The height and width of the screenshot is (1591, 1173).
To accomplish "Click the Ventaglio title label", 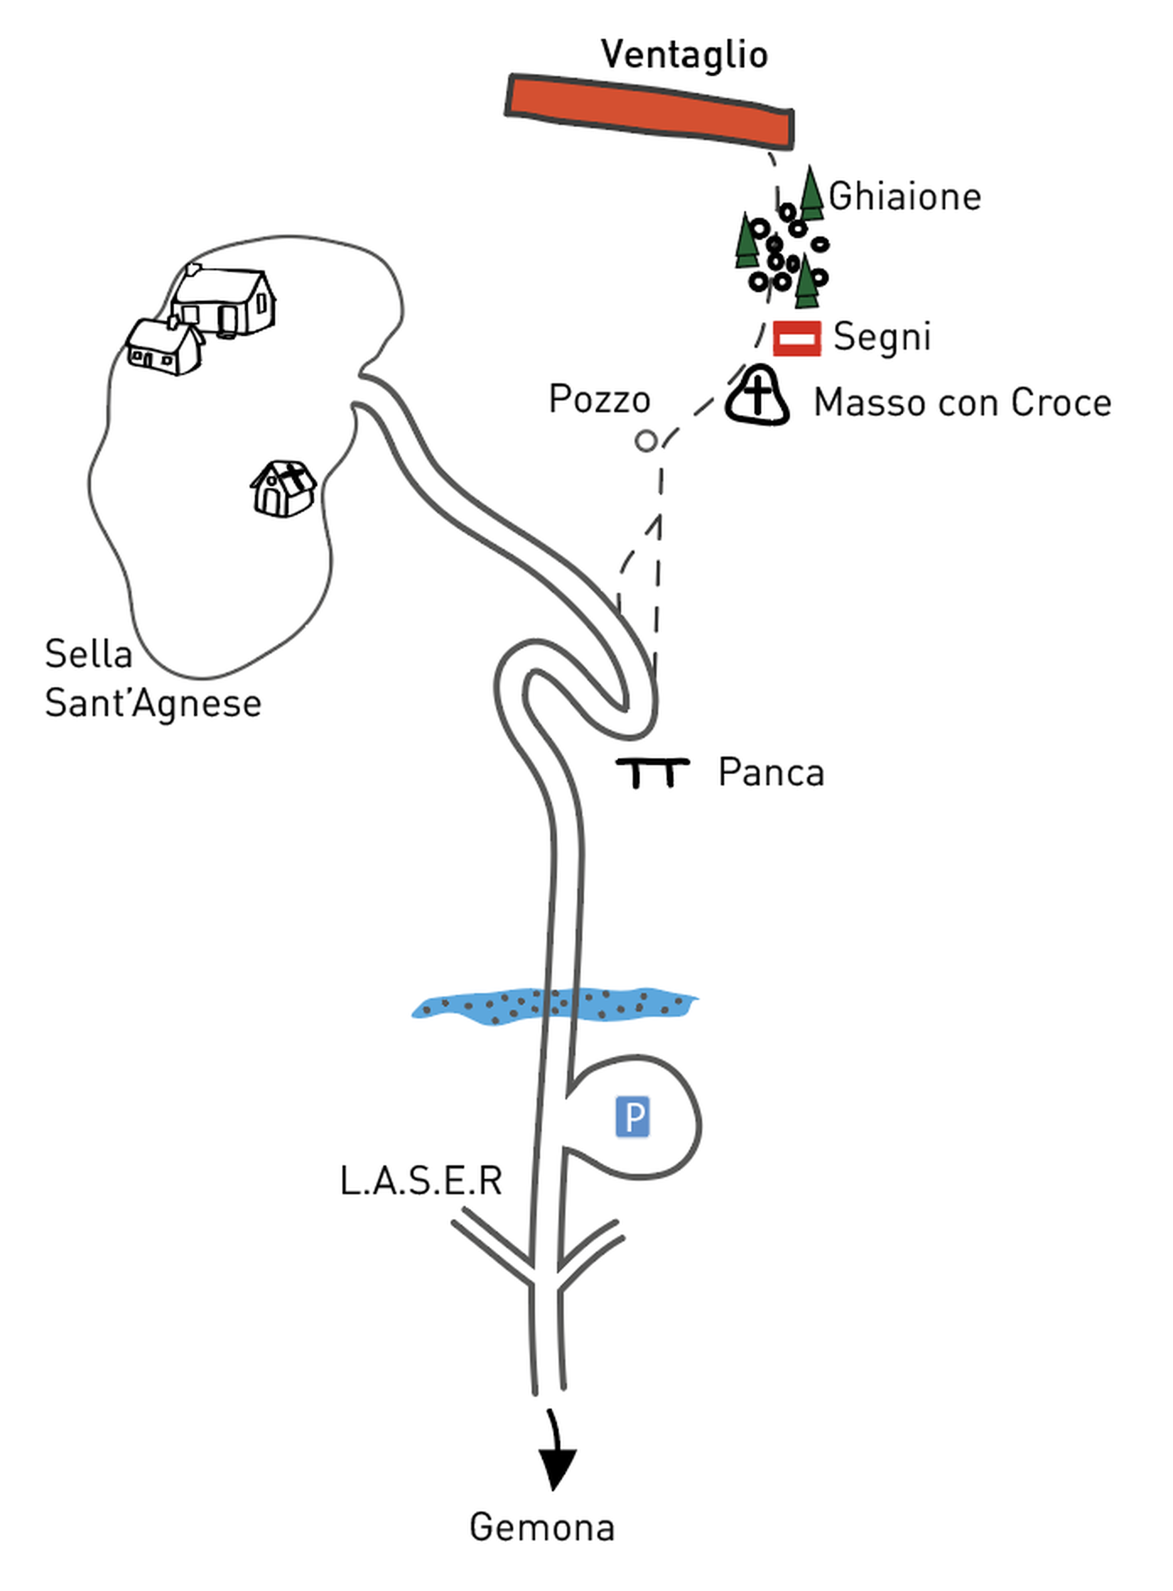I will tap(684, 55).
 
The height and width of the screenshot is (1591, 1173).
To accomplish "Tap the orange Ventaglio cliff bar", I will tap(650, 111).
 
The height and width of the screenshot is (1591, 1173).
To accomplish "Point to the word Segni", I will tap(881, 337).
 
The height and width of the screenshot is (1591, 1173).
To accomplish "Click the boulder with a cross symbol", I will tap(757, 396).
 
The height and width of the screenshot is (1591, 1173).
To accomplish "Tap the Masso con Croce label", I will tap(962, 403).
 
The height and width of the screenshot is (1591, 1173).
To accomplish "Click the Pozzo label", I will tap(599, 399).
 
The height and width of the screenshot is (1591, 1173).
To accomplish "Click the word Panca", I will tap(771, 772).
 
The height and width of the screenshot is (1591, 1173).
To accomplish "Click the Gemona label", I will tap(542, 1527).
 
